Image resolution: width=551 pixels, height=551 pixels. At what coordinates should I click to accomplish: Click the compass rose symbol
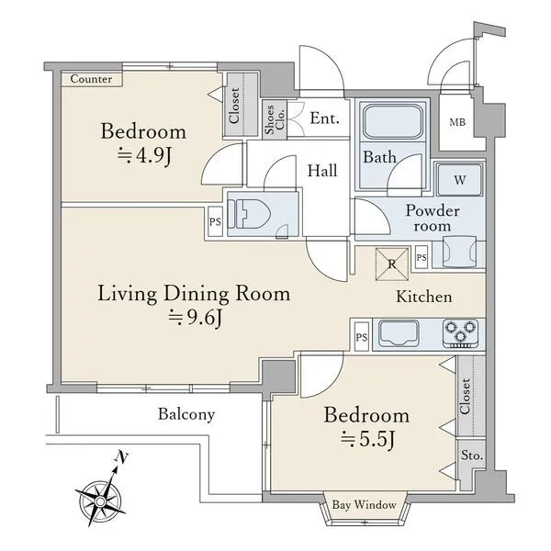tap(101, 500)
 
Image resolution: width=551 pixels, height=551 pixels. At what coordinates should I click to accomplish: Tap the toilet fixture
tap(249, 214)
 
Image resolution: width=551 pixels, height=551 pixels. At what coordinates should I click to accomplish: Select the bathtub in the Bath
tap(392, 121)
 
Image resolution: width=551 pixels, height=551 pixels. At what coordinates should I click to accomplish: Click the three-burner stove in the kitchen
tap(460, 333)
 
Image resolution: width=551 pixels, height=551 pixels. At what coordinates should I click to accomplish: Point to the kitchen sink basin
tap(399, 332)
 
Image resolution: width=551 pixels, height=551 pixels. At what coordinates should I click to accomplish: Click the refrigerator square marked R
tap(392, 264)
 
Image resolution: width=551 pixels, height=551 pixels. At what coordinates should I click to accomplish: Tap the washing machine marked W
tap(460, 180)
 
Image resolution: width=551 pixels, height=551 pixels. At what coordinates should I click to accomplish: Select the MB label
tap(457, 122)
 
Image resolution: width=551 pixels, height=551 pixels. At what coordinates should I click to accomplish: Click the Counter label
tap(91, 79)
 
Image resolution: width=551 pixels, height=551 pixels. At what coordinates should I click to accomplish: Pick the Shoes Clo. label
tap(275, 119)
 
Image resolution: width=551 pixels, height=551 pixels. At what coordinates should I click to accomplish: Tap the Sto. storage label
tap(472, 455)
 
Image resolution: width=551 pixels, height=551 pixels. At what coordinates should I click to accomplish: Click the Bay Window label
tap(364, 505)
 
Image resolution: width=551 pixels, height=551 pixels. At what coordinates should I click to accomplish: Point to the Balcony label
tap(186, 414)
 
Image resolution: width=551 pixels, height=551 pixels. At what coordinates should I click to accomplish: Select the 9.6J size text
tap(195, 319)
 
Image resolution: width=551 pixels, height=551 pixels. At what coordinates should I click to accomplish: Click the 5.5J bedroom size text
tap(368, 439)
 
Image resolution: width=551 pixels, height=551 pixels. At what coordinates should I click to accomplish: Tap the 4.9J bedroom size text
tap(144, 155)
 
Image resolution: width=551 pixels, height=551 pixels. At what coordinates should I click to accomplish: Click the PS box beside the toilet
tap(215, 221)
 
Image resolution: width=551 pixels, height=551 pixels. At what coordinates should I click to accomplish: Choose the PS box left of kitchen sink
tap(362, 337)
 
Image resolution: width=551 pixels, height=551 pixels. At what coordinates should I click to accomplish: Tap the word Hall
tap(322, 171)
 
